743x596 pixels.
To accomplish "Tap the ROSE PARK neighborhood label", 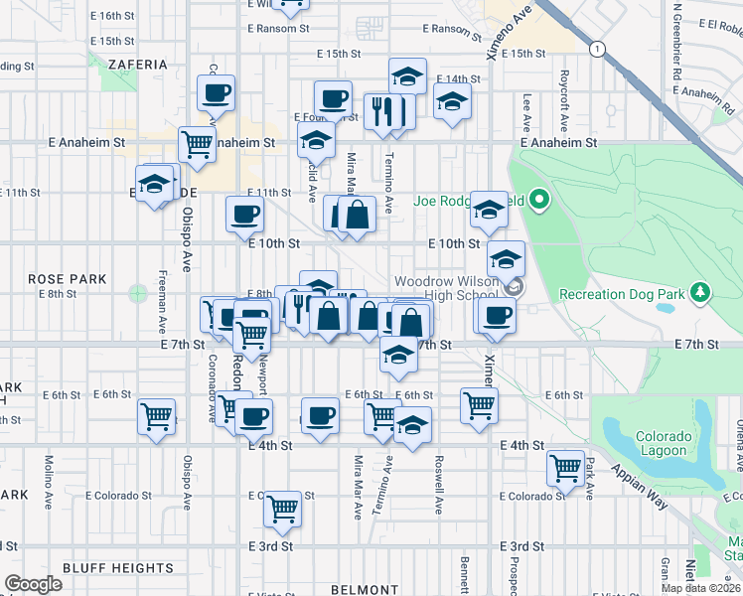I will coord(67,280).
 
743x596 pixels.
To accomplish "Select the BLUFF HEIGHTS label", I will coord(117,568).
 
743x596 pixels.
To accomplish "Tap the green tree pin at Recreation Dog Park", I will coord(701,292).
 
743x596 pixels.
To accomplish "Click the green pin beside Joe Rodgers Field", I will coord(539,201).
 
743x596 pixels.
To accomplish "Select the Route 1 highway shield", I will coord(596,48).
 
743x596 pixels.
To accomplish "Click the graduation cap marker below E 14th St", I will coord(452,101).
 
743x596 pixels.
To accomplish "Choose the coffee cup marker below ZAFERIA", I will coord(216,94).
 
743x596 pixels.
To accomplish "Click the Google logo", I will coord(33,584).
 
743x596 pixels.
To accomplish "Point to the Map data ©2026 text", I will coord(701,588).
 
